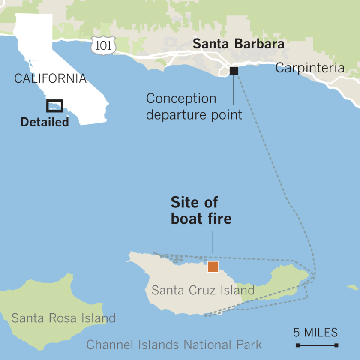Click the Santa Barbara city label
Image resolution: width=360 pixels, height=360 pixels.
click(x=238, y=44)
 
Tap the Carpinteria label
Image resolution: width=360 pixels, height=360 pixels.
click(x=309, y=68)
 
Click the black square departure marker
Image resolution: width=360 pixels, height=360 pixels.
click(x=234, y=71)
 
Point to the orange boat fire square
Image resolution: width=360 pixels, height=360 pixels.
click(x=213, y=267)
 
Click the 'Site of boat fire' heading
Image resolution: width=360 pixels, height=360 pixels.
click(x=201, y=210)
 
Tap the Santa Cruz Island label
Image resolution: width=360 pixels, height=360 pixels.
click(x=203, y=290)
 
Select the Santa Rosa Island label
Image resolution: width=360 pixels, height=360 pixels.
click(x=63, y=318)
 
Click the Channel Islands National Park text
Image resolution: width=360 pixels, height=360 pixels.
click(x=174, y=345)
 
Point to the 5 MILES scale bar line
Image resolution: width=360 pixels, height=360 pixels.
click(x=317, y=345)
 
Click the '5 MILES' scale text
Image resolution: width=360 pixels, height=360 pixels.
click(x=315, y=332)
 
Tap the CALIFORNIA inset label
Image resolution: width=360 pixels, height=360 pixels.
click(x=50, y=78)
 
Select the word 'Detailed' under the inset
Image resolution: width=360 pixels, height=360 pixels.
click(x=45, y=122)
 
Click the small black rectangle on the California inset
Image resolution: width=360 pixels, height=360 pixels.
click(x=55, y=105)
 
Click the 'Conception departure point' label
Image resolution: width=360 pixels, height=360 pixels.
click(x=194, y=106)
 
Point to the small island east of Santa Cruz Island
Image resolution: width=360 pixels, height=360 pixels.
click(x=353, y=287)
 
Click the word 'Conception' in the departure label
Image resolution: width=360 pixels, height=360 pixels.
click(x=181, y=99)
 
